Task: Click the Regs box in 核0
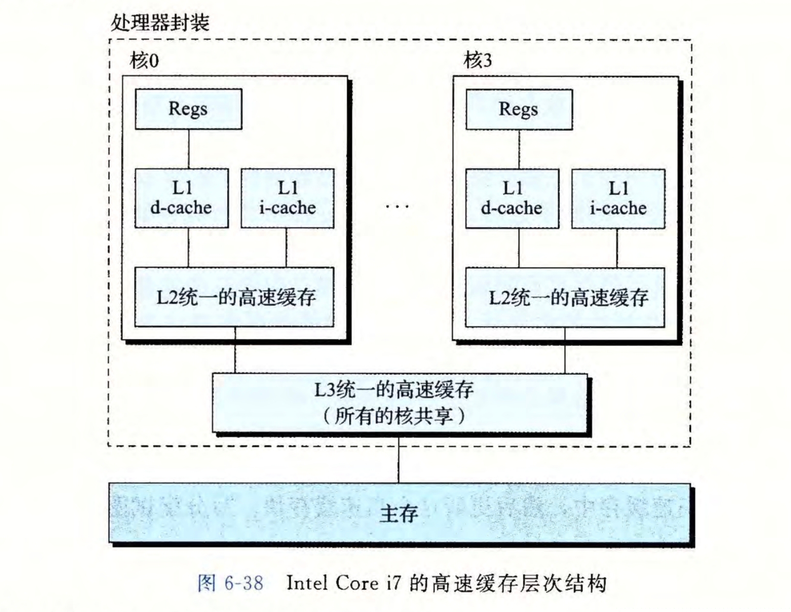[188, 109]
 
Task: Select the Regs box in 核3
[519, 109]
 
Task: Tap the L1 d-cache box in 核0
[181, 198]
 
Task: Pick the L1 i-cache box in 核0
[288, 198]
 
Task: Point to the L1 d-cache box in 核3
[512, 199]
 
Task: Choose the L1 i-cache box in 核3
[618, 199]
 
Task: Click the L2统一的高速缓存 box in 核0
[234, 297]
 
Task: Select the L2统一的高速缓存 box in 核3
[565, 297]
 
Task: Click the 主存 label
[399, 513]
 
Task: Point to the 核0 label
[144, 61]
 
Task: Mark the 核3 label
[477, 61]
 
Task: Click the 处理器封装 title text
[160, 23]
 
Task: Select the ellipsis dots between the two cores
[398, 206]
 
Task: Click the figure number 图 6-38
[231, 583]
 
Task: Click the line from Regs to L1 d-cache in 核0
[189, 149]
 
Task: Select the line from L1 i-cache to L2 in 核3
[617, 248]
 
